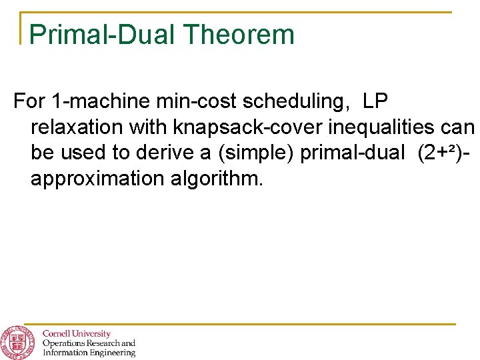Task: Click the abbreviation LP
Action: (378, 101)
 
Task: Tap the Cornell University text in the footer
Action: (77, 333)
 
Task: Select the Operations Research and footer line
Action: (89, 343)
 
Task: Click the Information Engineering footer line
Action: (89, 353)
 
